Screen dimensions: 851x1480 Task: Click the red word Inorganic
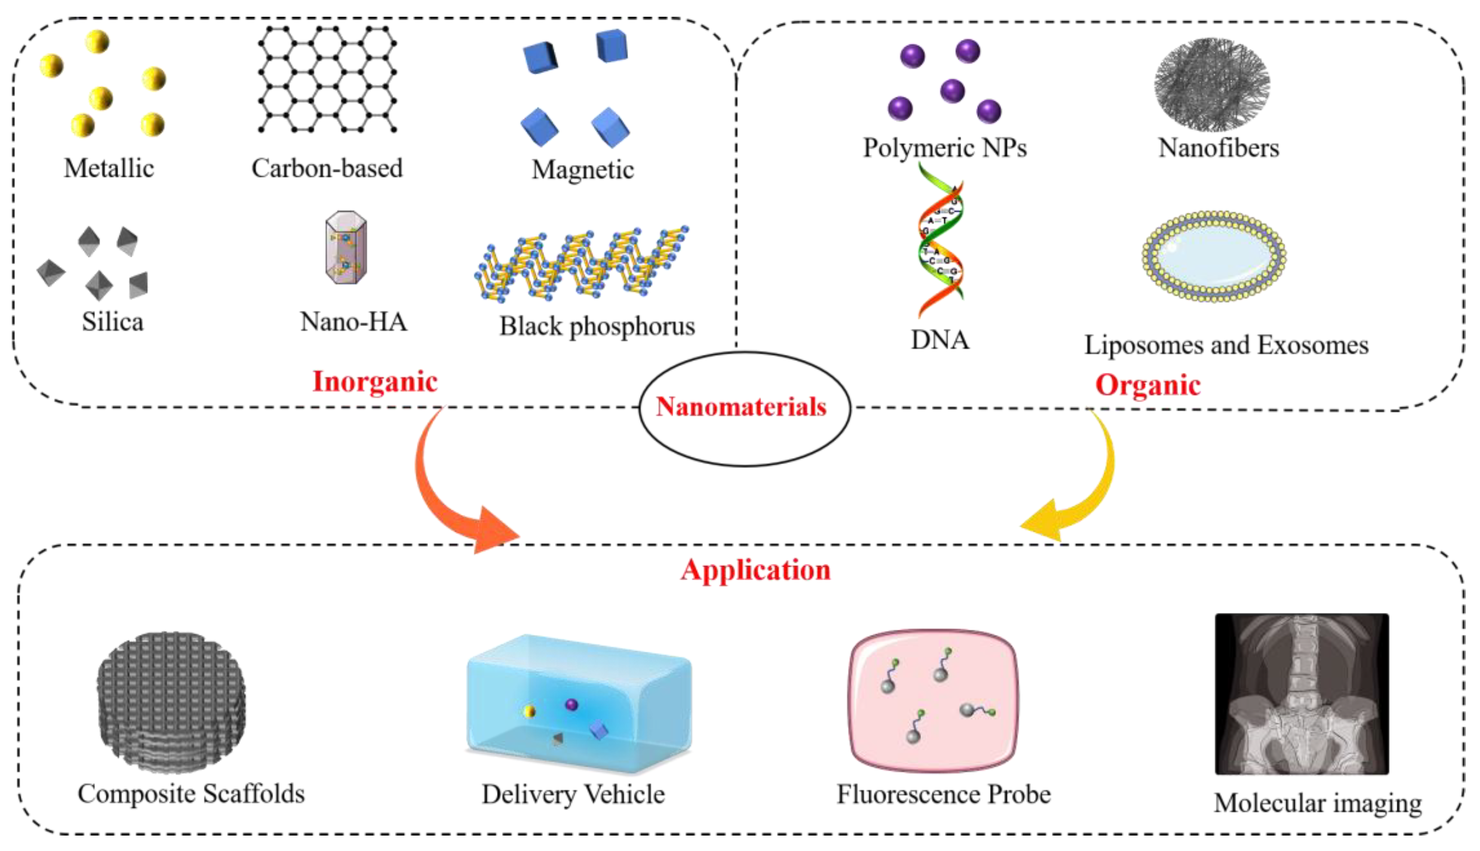pos(375,382)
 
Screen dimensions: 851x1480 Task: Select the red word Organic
pos(1147,385)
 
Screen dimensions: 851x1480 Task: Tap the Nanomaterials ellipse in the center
pos(744,408)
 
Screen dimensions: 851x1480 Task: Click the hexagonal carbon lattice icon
pos(327,80)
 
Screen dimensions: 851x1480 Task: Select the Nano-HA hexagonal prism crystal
pos(346,248)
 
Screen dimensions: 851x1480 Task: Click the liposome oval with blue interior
pos(1214,256)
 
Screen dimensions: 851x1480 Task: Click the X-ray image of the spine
pos(1302,693)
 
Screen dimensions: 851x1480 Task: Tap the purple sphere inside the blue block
pos(572,704)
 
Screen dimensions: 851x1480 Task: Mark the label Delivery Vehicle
pos(573,794)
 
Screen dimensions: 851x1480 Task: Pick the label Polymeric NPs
pos(944,148)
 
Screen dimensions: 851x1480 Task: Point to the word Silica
pos(112,322)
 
